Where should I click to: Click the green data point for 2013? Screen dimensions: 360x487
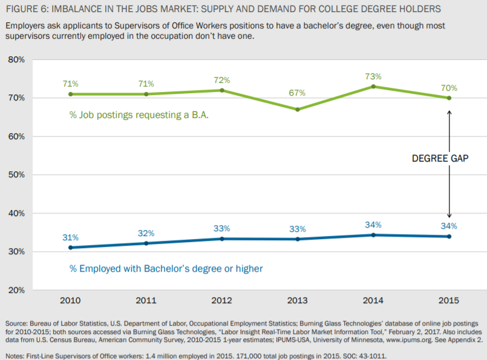click(298, 110)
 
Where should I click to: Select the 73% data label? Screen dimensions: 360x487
click(373, 76)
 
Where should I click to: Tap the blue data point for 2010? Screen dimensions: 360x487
click(70, 247)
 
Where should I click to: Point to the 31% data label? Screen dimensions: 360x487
click(70, 237)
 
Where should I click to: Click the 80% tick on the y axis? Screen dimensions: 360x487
click(16, 60)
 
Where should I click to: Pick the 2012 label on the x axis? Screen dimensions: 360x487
click(222, 301)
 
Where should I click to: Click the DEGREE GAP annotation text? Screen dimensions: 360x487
click(440, 159)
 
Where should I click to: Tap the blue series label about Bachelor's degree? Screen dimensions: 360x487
click(158, 268)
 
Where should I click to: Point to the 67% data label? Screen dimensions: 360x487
click(298, 93)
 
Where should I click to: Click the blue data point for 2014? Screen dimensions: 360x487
click(373, 235)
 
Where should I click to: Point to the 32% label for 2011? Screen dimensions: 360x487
click(146, 233)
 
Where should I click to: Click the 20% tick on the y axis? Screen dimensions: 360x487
click(16, 290)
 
